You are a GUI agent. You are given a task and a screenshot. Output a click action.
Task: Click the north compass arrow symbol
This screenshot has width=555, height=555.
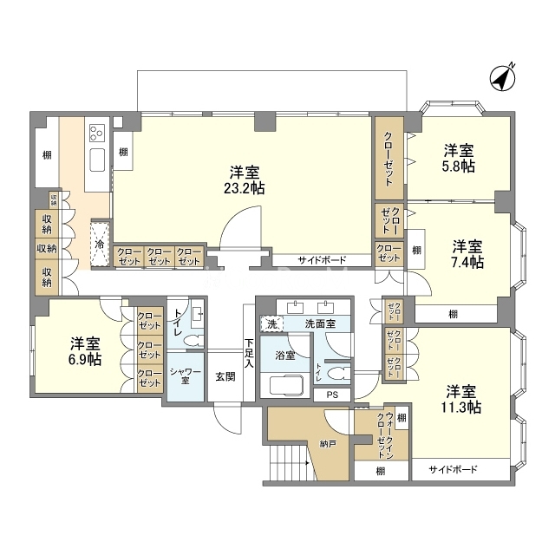pyautogui.click(x=503, y=78)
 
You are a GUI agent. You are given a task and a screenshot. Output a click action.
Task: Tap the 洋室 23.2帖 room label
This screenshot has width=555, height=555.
pyautogui.click(x=245, y=180)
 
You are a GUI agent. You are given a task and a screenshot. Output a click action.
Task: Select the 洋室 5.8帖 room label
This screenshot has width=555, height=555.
pyautogui.click(x=459, y=158)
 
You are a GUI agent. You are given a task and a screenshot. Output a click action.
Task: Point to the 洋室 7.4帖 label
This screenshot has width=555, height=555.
pyautogui.click(x=467, y=254)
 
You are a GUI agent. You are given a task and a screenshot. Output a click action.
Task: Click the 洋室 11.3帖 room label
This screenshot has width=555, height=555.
pyautogui.click(x=460, y=399)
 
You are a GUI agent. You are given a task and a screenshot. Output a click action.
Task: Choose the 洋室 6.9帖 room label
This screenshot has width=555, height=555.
pyautogui.click(x=85, y=351)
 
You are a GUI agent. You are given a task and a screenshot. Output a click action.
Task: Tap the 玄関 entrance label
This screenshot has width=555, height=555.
pyautogui.click(x=225, y=376)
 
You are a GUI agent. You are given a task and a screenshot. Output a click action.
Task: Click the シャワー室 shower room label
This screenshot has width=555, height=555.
pyautogui.click(x=186, y=375)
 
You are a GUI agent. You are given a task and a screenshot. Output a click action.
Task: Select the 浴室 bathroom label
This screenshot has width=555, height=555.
pyautogui.click(x=285, y=356)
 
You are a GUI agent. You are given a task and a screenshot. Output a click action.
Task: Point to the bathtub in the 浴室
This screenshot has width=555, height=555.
pyautogui.click(x=287, y=385)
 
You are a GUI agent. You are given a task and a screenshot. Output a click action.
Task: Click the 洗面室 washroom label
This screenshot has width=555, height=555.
pyautogui.click(x=320, y=323)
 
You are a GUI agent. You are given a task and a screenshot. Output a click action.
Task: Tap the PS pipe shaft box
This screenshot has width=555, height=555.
pyautogui.click(x=332, y=395)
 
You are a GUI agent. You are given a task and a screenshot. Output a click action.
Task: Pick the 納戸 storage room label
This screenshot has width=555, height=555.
pyautogui.click(x=328, y=443)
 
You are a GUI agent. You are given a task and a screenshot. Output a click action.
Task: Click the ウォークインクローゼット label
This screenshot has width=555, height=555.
pyautogui.click(x=385, y=435)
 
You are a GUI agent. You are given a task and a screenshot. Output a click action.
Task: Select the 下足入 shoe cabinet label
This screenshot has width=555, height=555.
pyautogui.click(x=249, y=353)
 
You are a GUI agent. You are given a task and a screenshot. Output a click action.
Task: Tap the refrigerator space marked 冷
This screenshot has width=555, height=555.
pyautogui.click(x=100, y=244)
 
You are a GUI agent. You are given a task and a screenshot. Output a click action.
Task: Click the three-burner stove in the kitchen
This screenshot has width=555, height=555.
pyautogui.click(x=97, y=133)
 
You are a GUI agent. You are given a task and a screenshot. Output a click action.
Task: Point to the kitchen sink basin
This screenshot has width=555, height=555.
pyautogui.click(x=97, y=160)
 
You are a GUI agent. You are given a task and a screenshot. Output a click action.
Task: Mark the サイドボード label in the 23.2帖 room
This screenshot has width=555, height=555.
pyautogui.click(x=322, y=260)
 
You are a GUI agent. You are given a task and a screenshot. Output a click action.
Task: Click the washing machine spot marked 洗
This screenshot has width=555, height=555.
pyautogui.click(x=271, y=323)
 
